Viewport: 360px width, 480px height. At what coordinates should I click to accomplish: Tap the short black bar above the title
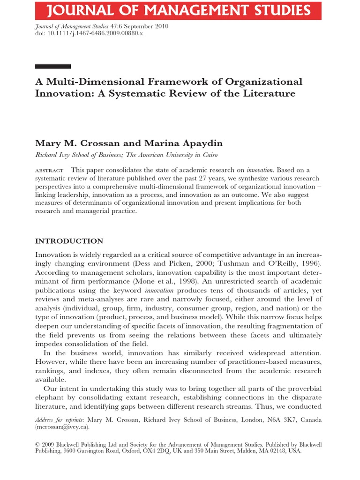click(x=53, y=67)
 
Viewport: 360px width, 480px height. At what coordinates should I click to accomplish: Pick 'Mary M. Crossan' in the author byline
click(x=69, y=143)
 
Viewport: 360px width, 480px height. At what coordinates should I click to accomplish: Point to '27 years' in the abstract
click(x=214, y=178)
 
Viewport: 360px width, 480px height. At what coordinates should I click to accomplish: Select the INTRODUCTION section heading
click(x=69, y=241)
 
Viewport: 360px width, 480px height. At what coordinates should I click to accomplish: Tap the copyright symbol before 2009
click(x=38, y=443)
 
